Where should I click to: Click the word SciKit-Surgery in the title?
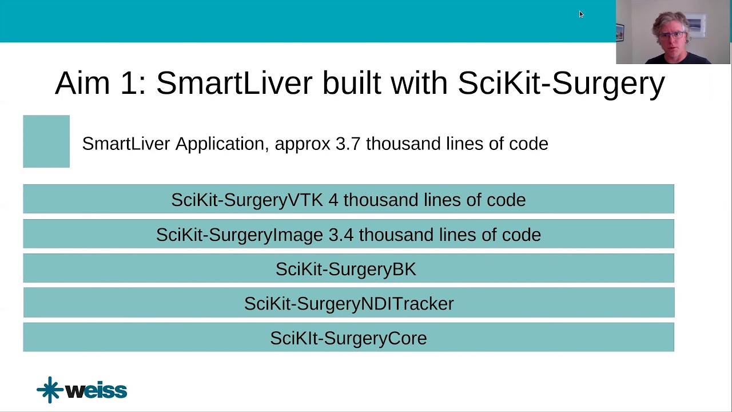pos(560,84)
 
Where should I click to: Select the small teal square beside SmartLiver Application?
pos(46,141)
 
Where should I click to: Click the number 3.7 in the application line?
pos(348,144)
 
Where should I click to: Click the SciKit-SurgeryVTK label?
pos(246,200)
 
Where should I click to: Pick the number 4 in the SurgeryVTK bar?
pos(333,200)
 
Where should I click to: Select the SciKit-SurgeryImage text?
pos(240,235)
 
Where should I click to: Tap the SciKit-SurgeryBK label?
pos(346,269)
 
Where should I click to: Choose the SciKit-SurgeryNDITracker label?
pos(349,303)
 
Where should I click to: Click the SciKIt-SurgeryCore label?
pos(348,338)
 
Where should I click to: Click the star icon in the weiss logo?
pos(50,390)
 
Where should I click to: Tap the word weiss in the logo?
pos(96,391)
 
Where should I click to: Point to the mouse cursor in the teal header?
pos(581,14)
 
